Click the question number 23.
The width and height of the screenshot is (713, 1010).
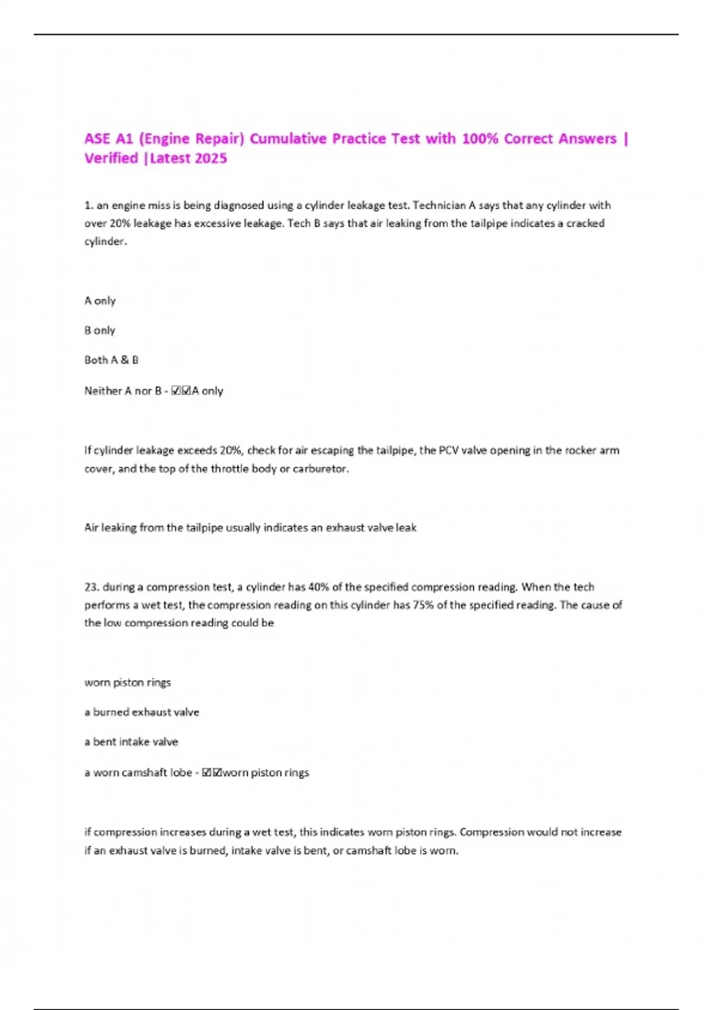pyautogui.click(x=92, y=587)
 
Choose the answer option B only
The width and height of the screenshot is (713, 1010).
pyautogui.click(x=100, y=330)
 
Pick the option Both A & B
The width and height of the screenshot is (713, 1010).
pyautogui.click(x=111, y=360)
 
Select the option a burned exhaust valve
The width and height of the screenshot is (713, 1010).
pyautogui.click(x=142, y=712)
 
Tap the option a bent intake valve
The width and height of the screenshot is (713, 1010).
pyautogui.click(x=131, y=741)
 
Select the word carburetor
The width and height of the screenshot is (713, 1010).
pyautogui.click(x=320, y=468)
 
